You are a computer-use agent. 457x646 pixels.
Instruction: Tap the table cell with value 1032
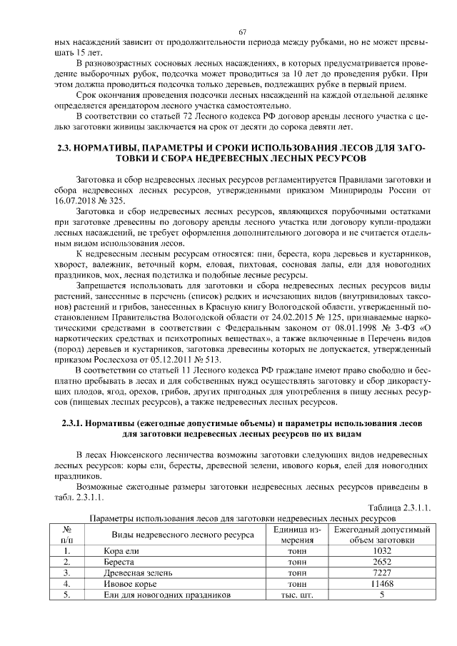pos(382,551)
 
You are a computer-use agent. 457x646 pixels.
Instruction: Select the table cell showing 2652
pos(382,562)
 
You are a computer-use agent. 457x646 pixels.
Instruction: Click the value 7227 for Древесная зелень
pos(382,572)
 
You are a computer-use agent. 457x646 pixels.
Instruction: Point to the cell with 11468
pos(382,583)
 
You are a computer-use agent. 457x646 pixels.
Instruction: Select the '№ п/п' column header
pos(66,535)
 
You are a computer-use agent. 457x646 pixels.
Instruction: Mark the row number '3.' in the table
pos(66,572)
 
